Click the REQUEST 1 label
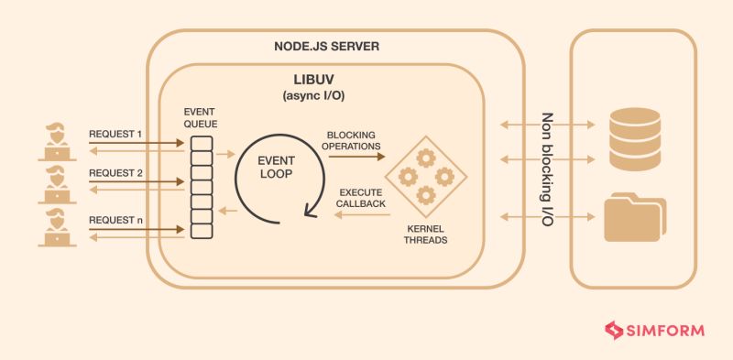click(x=115, y=135)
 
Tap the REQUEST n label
click(x=115, y=220)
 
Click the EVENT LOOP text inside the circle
click(x=274, y=165)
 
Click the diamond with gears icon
click(x=422, y=175)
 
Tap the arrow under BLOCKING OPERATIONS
click(x=354, y=158)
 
